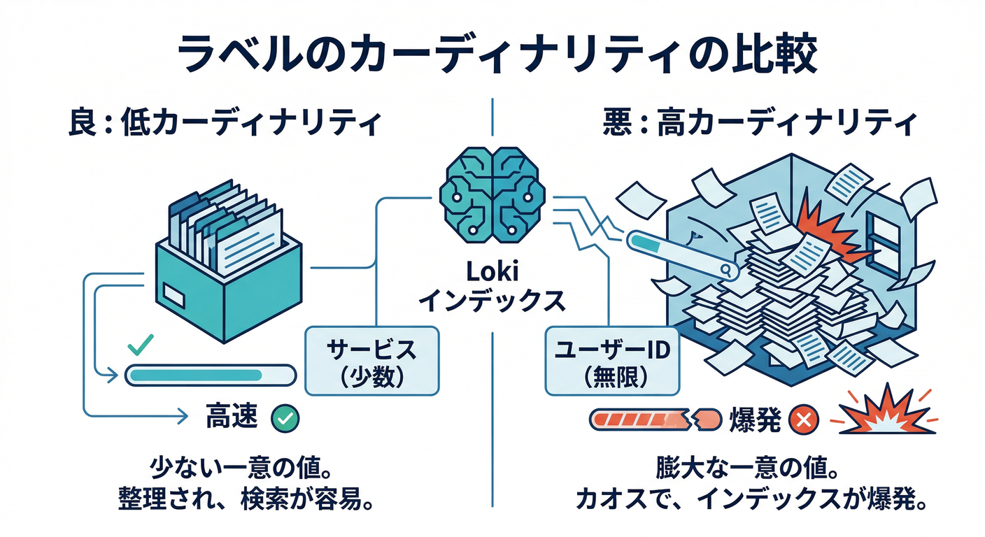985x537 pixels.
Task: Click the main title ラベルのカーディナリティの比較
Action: tap(492, 56)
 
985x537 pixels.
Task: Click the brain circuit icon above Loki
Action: tap(492, 193)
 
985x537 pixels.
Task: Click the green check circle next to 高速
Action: tap(285, 419)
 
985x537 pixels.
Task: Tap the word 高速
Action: tap(232, 418)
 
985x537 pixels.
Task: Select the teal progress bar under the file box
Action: tap(210, 375)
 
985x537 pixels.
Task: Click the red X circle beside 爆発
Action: tap(803, 420)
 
